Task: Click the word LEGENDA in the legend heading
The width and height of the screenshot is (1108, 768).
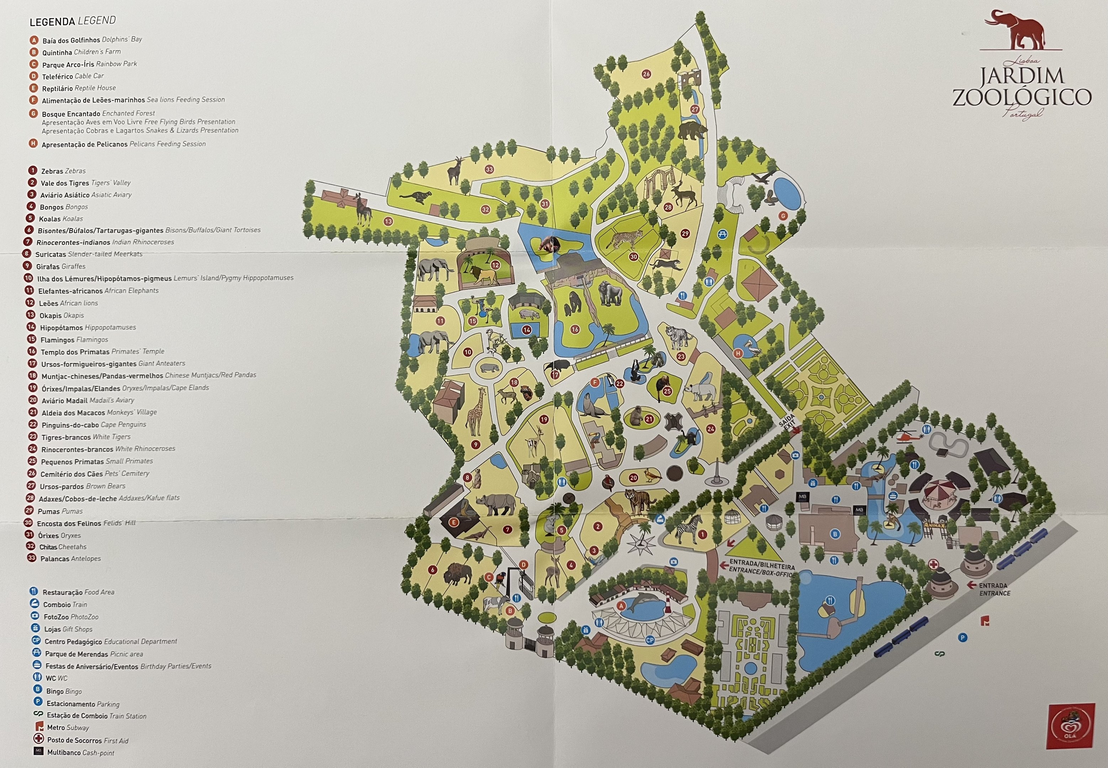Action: [x=52, y=22]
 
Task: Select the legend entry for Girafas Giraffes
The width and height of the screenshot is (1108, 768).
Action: [x=60, y=266]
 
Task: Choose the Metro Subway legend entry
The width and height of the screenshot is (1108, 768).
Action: [x=67, y=727]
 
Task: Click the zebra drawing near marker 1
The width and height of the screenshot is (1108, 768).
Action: [x=688, y=529]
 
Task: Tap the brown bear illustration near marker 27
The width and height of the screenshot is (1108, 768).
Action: [x=692, y=130]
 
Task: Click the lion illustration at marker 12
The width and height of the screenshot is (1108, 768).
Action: [x=484, y=275]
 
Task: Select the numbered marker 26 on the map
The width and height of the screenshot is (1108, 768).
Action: [x=646, y=74]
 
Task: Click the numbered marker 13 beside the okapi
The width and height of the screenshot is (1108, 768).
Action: [x=388, y=222]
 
